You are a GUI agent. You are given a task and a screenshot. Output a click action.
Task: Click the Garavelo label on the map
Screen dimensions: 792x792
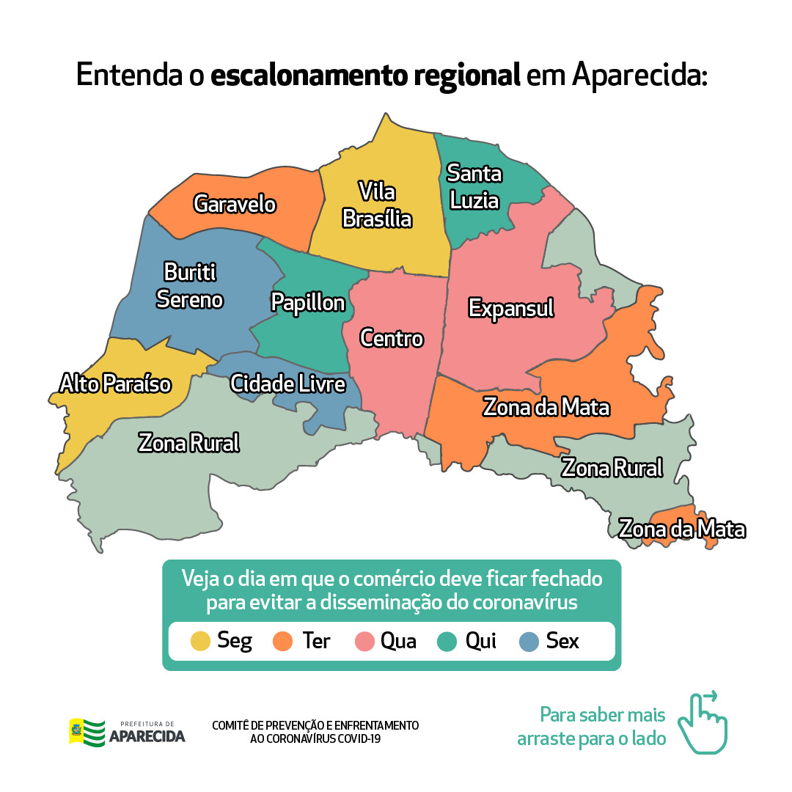click(235, 204)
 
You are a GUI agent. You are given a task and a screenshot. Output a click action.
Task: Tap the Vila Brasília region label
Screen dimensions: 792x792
click(377, 205)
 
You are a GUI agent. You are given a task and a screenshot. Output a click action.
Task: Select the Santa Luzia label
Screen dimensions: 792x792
click(474, 188)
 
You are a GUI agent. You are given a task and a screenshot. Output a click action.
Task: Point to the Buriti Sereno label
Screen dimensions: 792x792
click(189, 286)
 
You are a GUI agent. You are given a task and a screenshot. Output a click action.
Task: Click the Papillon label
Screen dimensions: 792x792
click(308, 303)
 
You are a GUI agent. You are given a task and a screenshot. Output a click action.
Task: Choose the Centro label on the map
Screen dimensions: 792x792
click(392, 339)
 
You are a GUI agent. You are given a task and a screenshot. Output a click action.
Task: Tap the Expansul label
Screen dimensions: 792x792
click(511, 308)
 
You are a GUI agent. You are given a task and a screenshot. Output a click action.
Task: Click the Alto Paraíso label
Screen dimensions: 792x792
click(115, 384)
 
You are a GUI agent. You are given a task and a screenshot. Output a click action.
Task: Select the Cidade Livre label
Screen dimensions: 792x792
click(287, 384)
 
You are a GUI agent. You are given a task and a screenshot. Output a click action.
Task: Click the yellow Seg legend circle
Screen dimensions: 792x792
click(200, 641)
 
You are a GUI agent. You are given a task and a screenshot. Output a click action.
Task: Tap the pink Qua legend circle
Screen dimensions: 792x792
click(364, 641)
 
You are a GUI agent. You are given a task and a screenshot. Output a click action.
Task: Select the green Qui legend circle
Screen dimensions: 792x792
click(447, 641)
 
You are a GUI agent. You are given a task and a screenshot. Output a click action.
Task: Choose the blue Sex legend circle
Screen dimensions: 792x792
click(528, 641)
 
